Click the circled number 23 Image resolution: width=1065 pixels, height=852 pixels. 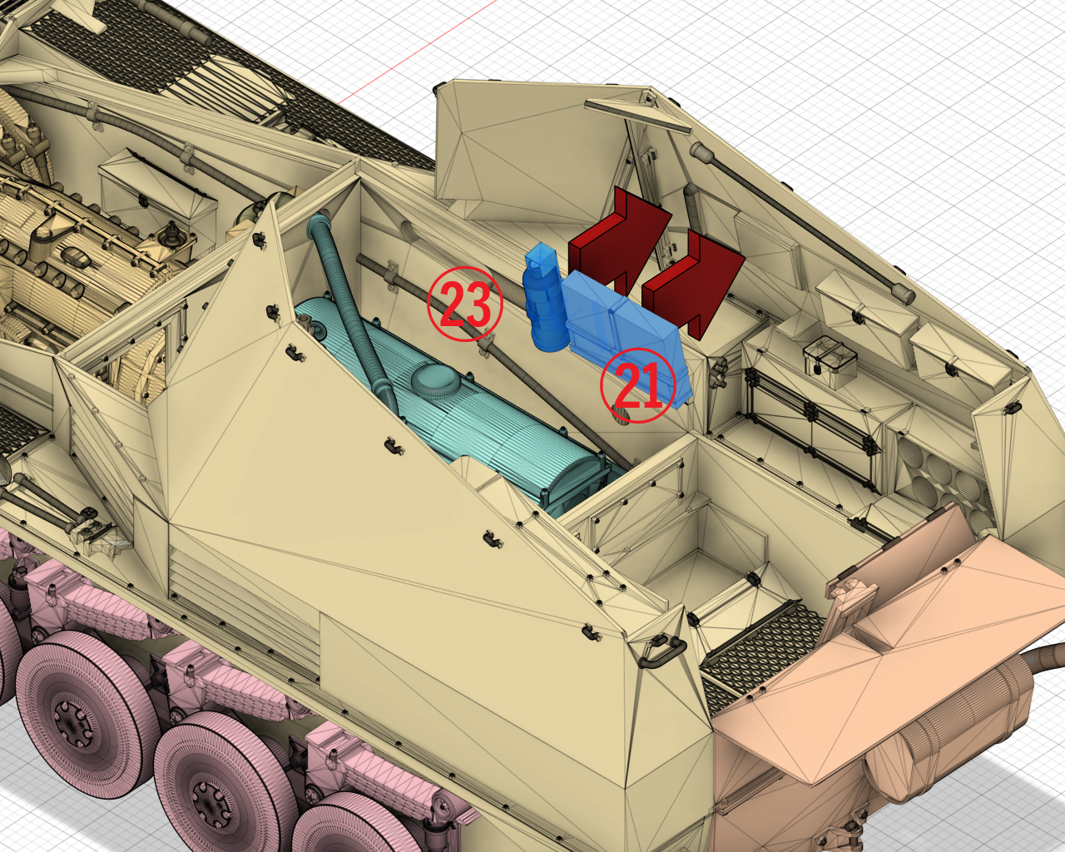(465, 304)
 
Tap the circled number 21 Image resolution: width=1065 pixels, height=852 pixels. (638, 385)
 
